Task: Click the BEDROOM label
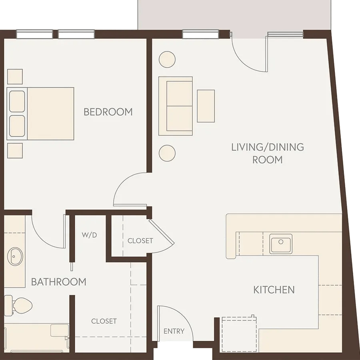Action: (x=108, y=112)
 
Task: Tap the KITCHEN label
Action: (x=274, y=290)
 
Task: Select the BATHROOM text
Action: (x=58, y=282)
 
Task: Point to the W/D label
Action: (x=89, y=235)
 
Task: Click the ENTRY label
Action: (x=174, y=331)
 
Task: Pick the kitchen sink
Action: (x=281, y=244)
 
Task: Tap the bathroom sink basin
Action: (x=15, y=256)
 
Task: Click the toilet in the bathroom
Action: (x=18, y=305)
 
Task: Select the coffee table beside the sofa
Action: (x=206, y=106)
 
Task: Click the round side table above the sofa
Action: (x=167, y=60)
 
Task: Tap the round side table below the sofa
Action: (x=167, y=153)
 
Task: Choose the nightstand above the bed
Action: (x=15, y=77)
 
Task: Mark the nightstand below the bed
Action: (x=15, y=151)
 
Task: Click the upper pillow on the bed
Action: (x=17, y=102)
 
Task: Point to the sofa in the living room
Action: (x=176, y=106)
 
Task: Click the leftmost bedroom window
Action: (x=35, y=34)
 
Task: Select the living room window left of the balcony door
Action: (x=200, y=34)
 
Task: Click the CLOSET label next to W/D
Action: (x=140, y=241)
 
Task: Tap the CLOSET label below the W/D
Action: (x=104, y=321)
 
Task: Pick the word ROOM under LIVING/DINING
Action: (x=268, y=160)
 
